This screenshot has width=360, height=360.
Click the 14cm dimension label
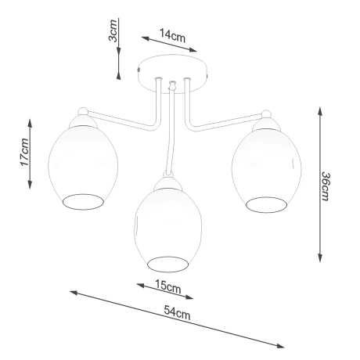point(171,35)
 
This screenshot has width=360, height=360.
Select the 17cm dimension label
point(23,153)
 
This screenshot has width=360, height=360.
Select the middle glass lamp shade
point(169,227)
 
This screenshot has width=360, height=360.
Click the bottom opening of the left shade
point(82,201)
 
